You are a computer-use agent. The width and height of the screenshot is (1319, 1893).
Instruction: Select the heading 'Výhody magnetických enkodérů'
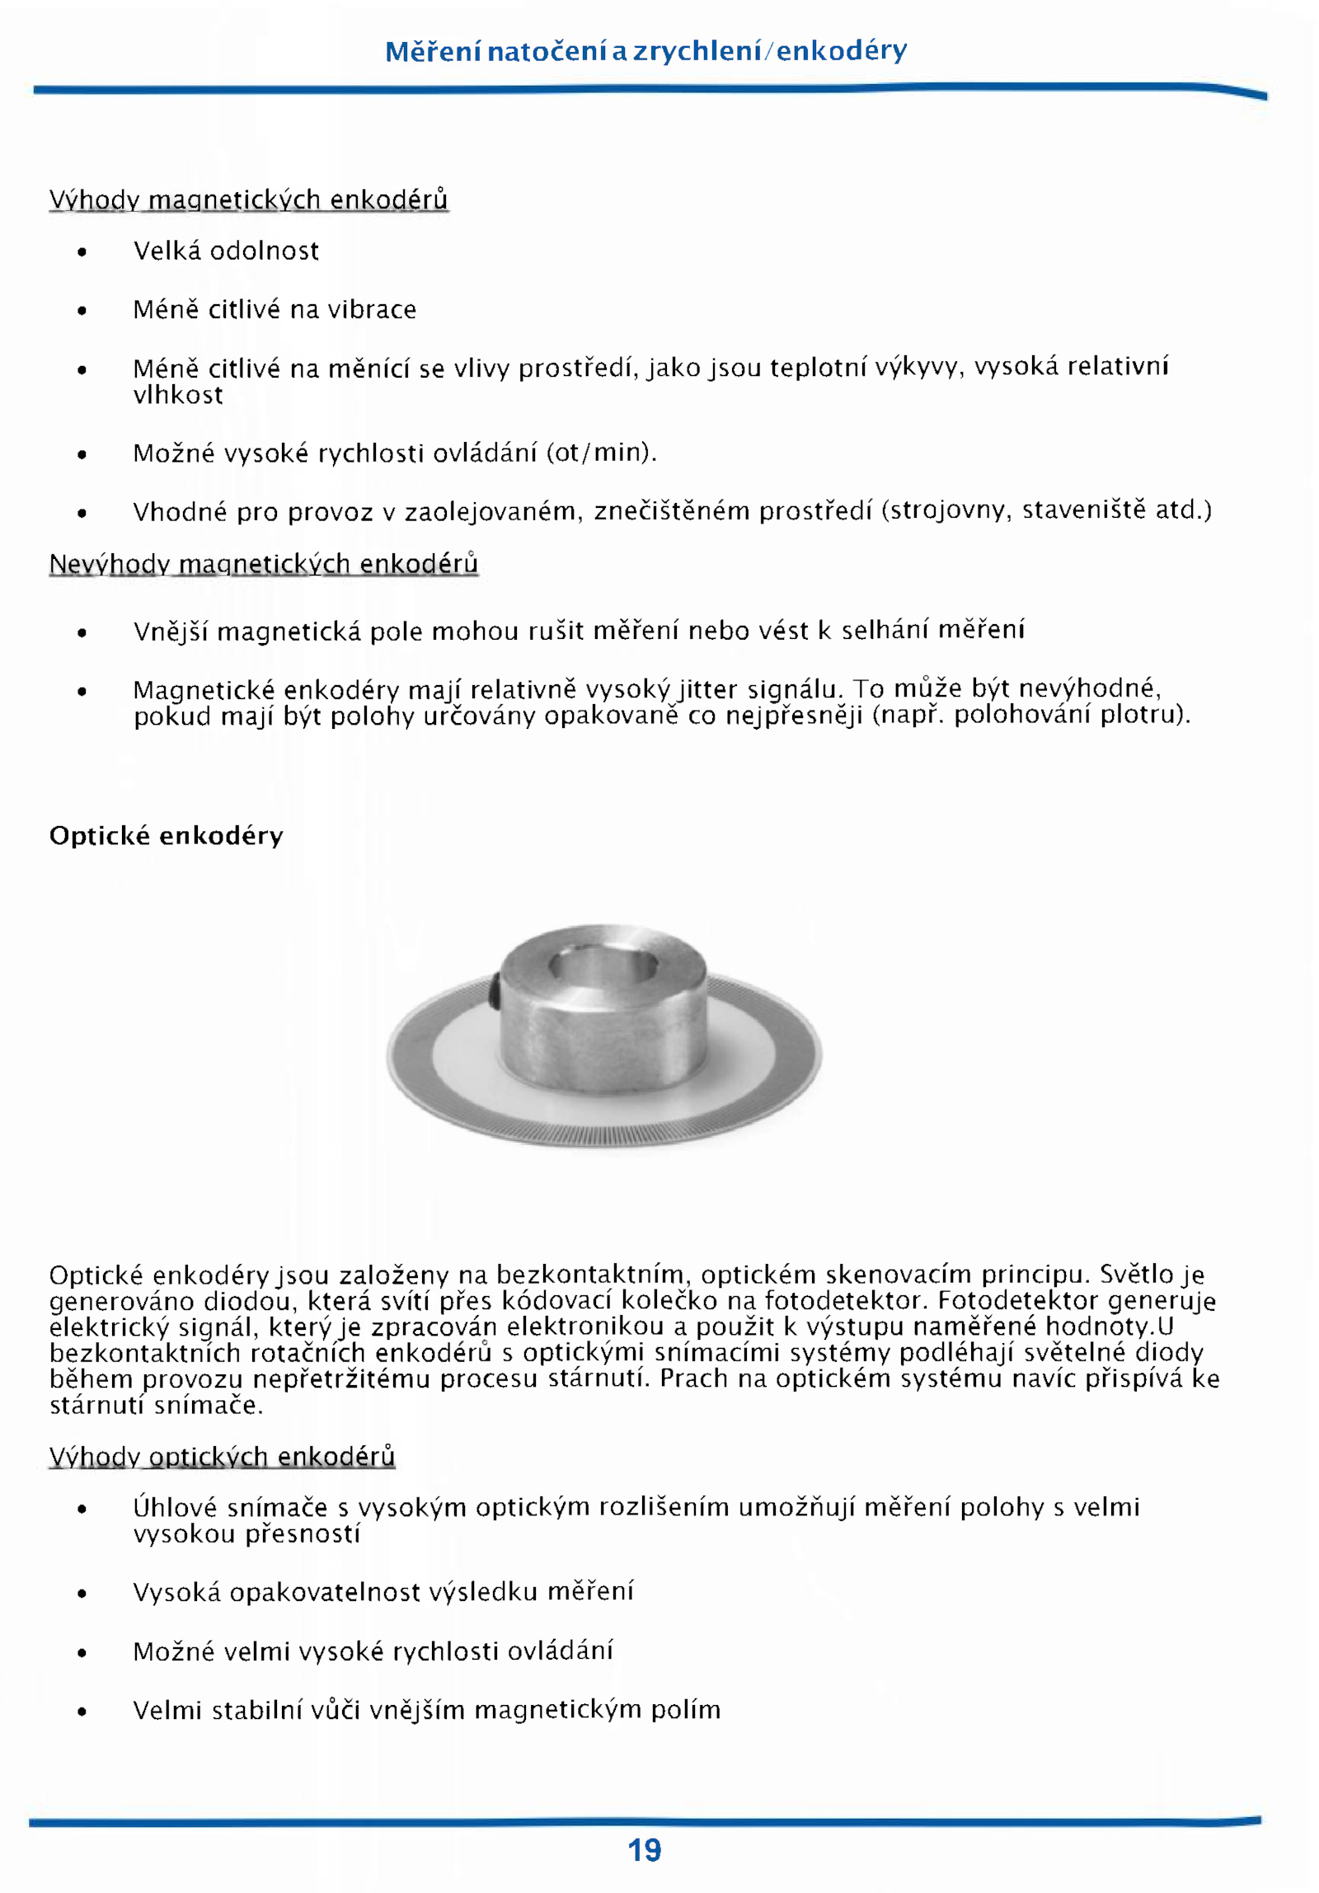tap(248, 200)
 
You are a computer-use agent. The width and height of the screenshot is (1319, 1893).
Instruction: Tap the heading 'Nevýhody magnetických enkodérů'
tap(263, 564)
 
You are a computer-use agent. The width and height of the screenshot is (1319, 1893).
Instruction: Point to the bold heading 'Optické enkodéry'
tap(166, 835)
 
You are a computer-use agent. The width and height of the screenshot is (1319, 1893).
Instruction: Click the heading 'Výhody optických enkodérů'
tap(222, 1456)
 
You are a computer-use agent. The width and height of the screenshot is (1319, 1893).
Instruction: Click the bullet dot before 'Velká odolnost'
tap(82, 252)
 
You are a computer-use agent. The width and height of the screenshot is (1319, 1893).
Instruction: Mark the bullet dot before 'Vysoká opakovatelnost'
tap(82, 1594)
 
